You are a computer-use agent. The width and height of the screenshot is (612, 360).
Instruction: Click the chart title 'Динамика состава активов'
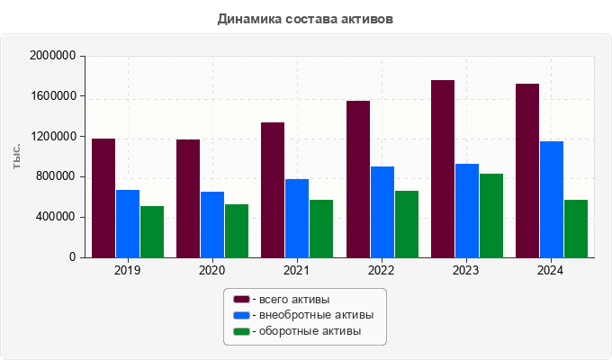[x=305, y=18]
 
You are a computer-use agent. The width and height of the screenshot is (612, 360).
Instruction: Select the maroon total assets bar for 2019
[x=103, y=198]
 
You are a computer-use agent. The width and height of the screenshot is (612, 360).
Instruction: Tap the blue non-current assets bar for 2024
[x=552, y=199]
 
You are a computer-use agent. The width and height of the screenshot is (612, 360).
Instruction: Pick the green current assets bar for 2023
[x=491, y=215]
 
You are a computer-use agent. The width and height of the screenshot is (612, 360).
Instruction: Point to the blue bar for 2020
[x=212, y=224]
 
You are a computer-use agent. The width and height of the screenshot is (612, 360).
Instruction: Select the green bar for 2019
[x=152, y=231]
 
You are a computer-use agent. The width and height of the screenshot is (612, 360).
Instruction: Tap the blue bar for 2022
[x=382, y=211]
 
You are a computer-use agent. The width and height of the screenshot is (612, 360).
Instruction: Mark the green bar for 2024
[x=576, y=229]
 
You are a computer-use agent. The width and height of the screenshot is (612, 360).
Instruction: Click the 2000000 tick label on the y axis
[x=52, y=56]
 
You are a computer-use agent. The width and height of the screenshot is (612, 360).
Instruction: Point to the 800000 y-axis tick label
[x=55, y=176]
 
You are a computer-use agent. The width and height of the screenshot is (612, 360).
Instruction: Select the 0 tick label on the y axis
[x=72, y=257]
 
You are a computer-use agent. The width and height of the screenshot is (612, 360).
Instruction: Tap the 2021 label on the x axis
[x=297, y=271]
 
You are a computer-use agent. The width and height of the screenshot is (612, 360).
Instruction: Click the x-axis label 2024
[x=551, y=271]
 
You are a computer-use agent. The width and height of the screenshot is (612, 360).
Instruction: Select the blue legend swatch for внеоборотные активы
[x=241, y=315]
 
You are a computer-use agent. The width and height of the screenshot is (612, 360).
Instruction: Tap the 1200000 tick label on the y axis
[x=52, y=137]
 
